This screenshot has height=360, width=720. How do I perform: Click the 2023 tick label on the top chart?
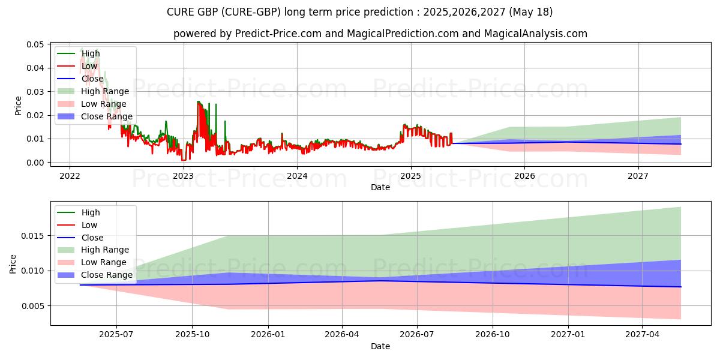[x=183, y=176]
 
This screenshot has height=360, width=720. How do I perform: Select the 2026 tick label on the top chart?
[x=524, y=176]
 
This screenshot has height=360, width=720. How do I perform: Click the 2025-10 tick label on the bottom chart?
[x=192, y=335]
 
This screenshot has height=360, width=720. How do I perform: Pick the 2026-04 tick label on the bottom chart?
[x=342, y=335]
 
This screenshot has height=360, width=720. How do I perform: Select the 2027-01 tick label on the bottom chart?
[x=568, y=335]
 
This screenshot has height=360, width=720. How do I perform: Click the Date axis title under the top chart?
[x=380, y=187]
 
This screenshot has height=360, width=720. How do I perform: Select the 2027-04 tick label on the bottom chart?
[x=643, y=335]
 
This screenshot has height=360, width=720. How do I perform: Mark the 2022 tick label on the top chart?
[x=70, y=176]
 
